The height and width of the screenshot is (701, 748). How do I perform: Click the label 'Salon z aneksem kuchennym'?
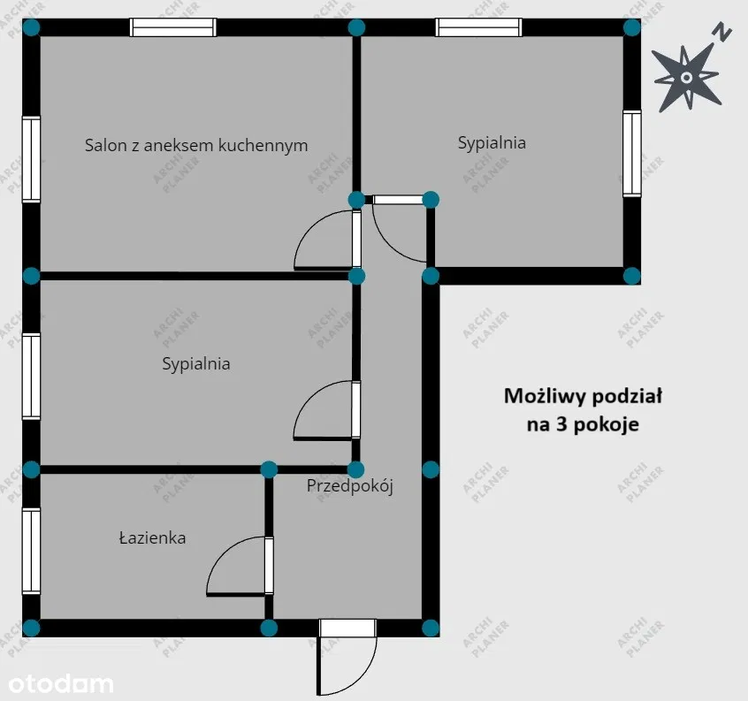pyautogui.click(x=196, y=145)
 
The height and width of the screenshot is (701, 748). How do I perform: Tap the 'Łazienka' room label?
pyautogui.click(x=152, y=537)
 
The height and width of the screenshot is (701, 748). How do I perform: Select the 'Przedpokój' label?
pyautogui.click(x=349, y=486)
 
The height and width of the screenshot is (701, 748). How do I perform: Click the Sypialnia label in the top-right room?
pyautogui.click(x=492, y=142)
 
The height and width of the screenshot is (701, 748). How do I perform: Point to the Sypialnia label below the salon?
pyautogui.click(x=196, y=364)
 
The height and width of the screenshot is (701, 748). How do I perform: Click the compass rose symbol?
pyautogui.click(x=686, y=78)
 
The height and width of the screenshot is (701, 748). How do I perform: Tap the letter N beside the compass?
pyautogui.click(x=722, y=33)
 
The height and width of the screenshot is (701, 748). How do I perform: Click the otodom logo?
pyautogui.click(x=61, y=683)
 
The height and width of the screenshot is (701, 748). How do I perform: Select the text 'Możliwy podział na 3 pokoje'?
pyautogui.click(x=583, y=410)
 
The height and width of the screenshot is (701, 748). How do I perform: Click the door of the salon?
pyautogui.click(x=328, y=240)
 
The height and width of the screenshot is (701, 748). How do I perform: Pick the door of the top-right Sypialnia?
pyautogui.click(x=400, y=228)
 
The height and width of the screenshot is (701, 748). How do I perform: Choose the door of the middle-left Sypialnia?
pyautogui.click(x=328, y=410)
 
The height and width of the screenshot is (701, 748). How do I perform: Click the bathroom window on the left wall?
pyautogui.click(x=32, y=552)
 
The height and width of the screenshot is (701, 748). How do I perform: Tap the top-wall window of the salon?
pyautogui.click(x=173, y=27)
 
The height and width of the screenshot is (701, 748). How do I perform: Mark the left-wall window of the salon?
pyautogui.click(x=32, y=159)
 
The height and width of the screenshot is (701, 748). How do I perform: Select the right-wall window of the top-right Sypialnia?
pyautogui.click(x=632, y=153)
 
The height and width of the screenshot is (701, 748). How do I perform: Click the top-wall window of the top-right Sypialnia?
pyautogui.click(x=479, y=27)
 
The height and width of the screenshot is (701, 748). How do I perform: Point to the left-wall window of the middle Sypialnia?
pyautogui.click(x=32, y=377)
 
